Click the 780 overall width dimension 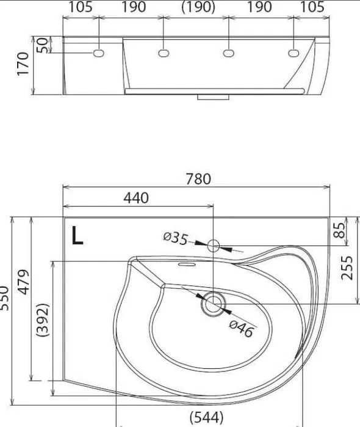point(198,179)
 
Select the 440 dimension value point(136,198)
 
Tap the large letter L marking point(77,236)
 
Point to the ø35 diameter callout point(176,238)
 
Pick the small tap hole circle point(214,246)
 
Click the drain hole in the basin point(214,304)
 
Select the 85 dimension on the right point(339,230)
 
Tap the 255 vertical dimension point(347,268)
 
